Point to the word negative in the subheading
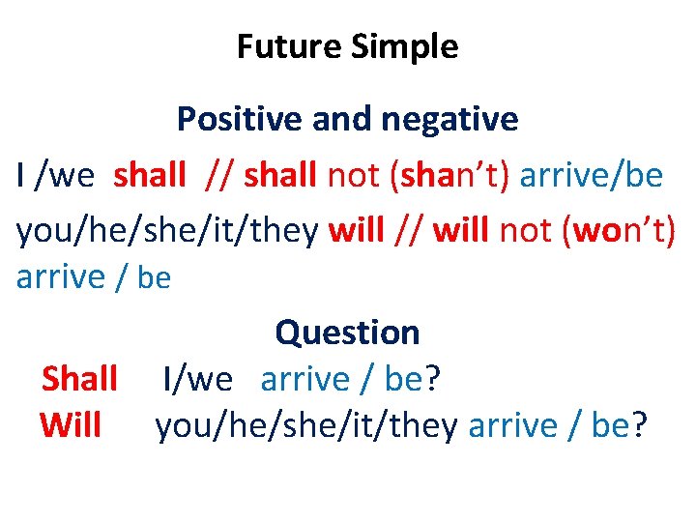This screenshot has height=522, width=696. [x=449, y=119]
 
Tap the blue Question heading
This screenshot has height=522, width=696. [x=347, y=333]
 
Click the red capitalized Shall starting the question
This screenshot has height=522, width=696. [x=79, y=379]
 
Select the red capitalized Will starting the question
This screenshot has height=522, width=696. [x=71, y=425]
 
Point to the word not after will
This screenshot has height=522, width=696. [x=524, y=231]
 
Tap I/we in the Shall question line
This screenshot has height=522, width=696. [x=198, y=379]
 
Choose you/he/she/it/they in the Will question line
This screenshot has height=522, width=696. [x=306, y=425]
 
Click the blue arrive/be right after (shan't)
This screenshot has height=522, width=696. [x=592, y=175]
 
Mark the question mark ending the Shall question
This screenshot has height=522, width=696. [x=432, y=379]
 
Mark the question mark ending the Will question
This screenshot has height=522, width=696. [x=639, y=425]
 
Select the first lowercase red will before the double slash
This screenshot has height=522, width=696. [x=356, y=231]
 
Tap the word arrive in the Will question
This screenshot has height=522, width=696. [x=512, y=425]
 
